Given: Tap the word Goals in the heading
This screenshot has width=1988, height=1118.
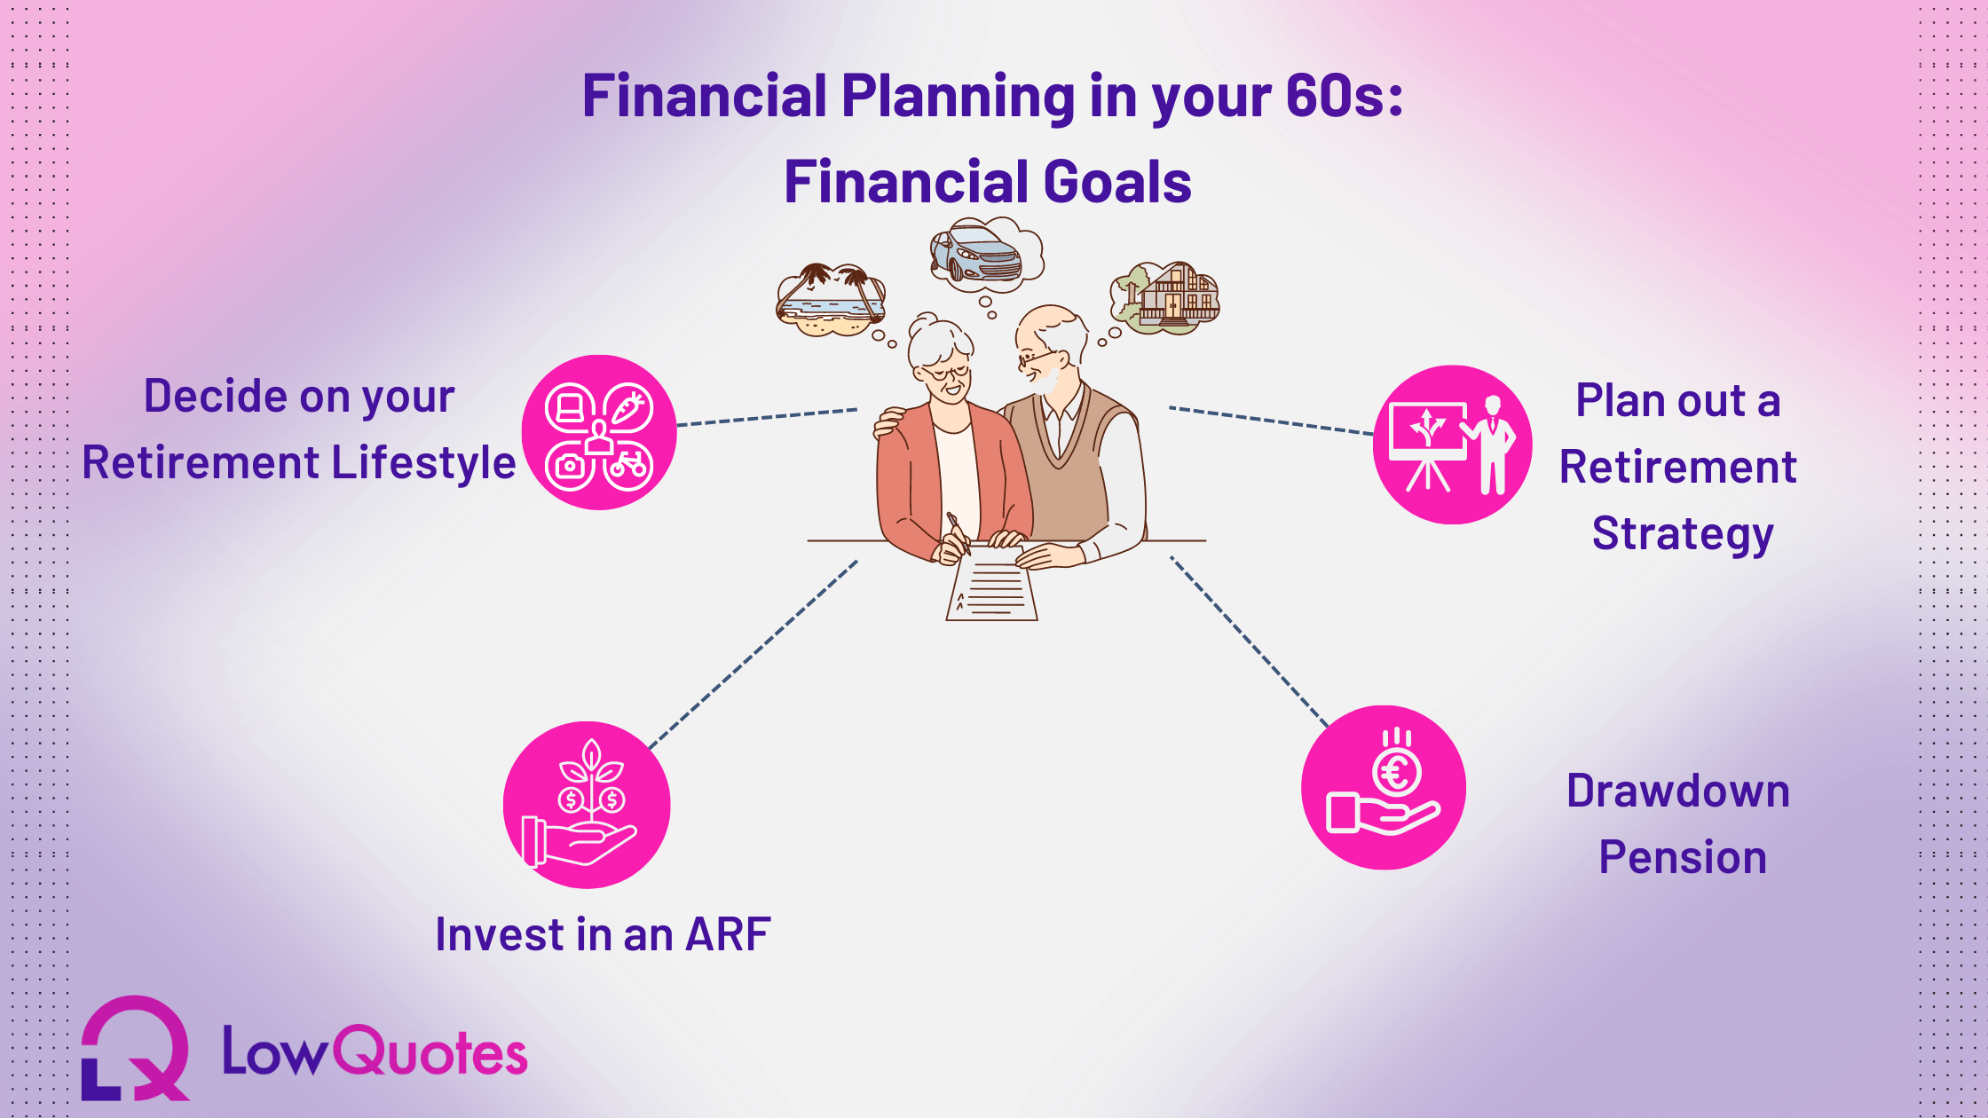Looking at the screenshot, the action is pos(1117,182).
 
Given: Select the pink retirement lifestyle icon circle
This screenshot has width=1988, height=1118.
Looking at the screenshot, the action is pos(599,432).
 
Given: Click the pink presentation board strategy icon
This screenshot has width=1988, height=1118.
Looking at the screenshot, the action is pos(1453,445).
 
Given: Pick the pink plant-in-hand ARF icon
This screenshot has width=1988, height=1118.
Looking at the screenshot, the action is pos(587,805).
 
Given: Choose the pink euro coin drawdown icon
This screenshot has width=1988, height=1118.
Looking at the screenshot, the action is pos(1384,788).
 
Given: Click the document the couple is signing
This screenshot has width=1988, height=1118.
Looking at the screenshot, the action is pos(992,584).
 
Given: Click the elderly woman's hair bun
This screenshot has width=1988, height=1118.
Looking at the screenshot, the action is pos(926,322).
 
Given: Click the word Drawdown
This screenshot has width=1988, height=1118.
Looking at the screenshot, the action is pos(1678,791).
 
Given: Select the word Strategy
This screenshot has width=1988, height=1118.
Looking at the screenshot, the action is pos(1683,534).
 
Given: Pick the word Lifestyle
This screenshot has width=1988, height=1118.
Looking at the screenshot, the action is pos(423,463).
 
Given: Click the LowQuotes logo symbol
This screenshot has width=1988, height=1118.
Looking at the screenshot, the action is pos(136,1048).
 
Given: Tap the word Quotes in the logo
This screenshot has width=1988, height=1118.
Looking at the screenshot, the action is pos(430,1052).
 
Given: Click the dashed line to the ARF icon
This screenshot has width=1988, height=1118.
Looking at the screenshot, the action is pos(753,655).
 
